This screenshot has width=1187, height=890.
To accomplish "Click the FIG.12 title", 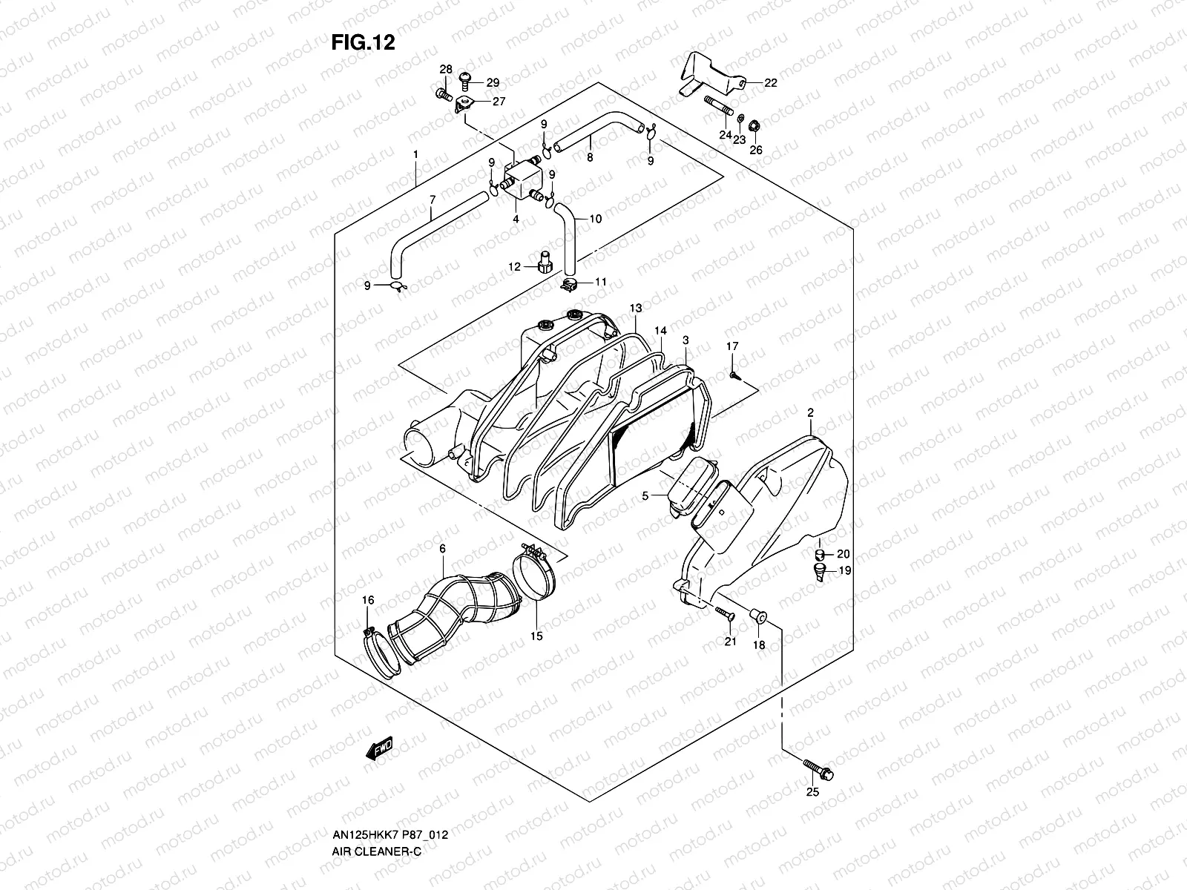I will click(x=363, y=43).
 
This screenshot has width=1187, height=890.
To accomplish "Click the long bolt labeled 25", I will click(x=818, y=769).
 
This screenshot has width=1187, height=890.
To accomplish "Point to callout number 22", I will click(x=770, y=83).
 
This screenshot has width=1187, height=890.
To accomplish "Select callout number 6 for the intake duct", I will click(x=442, y=549).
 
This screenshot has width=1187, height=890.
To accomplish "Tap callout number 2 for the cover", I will click(x=811, y=412).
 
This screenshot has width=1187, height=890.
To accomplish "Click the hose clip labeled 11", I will click(x=570, y=284).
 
